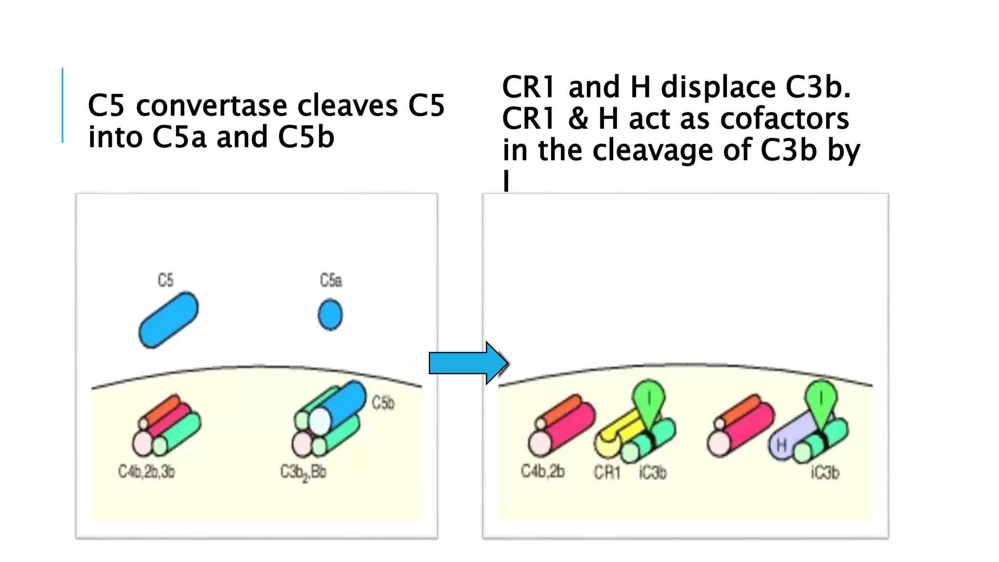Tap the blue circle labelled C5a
(x=330, y=315)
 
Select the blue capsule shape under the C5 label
(x=168, y=320)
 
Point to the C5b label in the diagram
(x=383, y=403)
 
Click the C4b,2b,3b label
(x=146, y=472)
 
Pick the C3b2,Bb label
(x=303, y=473)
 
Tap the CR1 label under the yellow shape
(x=607, y=472)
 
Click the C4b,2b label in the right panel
(x=542, y=471)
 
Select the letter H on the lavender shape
(x=781, y=445)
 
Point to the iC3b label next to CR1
(x=653, y=472)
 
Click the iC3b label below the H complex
(x=825, y=472)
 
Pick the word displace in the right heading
(x=718, y=87)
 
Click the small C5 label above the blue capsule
(x=165, y=280)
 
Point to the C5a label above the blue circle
(x=331, y=280)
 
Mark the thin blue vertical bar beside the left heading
(x=62, y=105)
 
